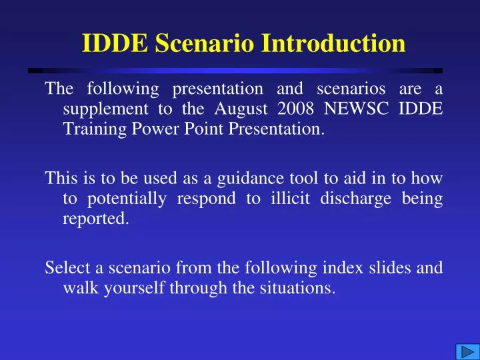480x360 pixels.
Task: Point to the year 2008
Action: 308,108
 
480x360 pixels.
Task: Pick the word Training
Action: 91,129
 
